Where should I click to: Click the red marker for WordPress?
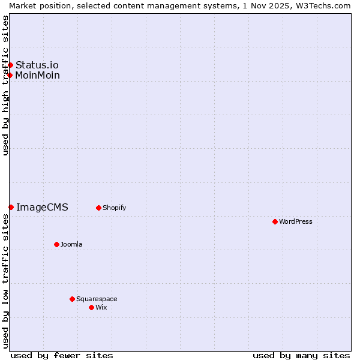coord(275,221)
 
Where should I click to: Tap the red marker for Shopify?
coord(98,208)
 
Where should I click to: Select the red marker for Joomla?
coord(56,244)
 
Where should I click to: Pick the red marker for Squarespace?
coord(72,299)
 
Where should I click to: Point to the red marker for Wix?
coord(91,307)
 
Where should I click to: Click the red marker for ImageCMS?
coord(11,207)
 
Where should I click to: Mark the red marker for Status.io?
coord(10,65)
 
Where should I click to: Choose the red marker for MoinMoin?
coord(10,75)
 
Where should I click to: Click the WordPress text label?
coord(296,221)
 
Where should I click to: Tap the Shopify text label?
coord(114,208)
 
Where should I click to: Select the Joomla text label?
coord(71,244)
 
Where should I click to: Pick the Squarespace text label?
coord(97,299)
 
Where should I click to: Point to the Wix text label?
coord(101,307)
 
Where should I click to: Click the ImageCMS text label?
coord(42,207)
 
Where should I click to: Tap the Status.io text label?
coord(37,65)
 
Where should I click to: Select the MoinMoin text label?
coord(38,75)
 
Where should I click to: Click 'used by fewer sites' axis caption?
coord(62,355)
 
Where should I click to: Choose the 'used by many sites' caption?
coord(301,355)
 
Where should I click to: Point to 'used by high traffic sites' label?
coord(5,85)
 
